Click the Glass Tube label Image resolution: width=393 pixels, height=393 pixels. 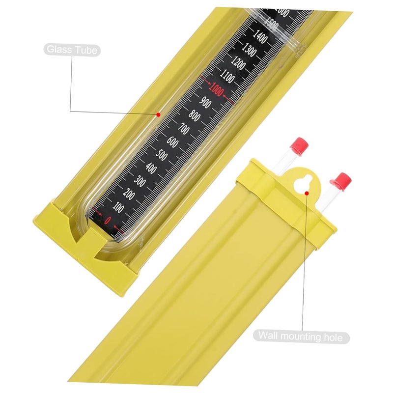[72, 49]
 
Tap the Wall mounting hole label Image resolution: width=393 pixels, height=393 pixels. [302, 337]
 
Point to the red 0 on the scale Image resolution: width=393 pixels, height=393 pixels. [108, 220]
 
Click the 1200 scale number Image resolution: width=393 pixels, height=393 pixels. [239, 62]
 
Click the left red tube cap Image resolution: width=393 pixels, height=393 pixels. [299, 146]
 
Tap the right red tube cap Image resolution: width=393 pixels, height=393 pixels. [342, 180]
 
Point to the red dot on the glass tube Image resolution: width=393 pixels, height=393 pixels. [159, 114]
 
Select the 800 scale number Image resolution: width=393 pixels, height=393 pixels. [194, 117]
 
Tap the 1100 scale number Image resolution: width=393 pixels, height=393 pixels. [227, 76]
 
